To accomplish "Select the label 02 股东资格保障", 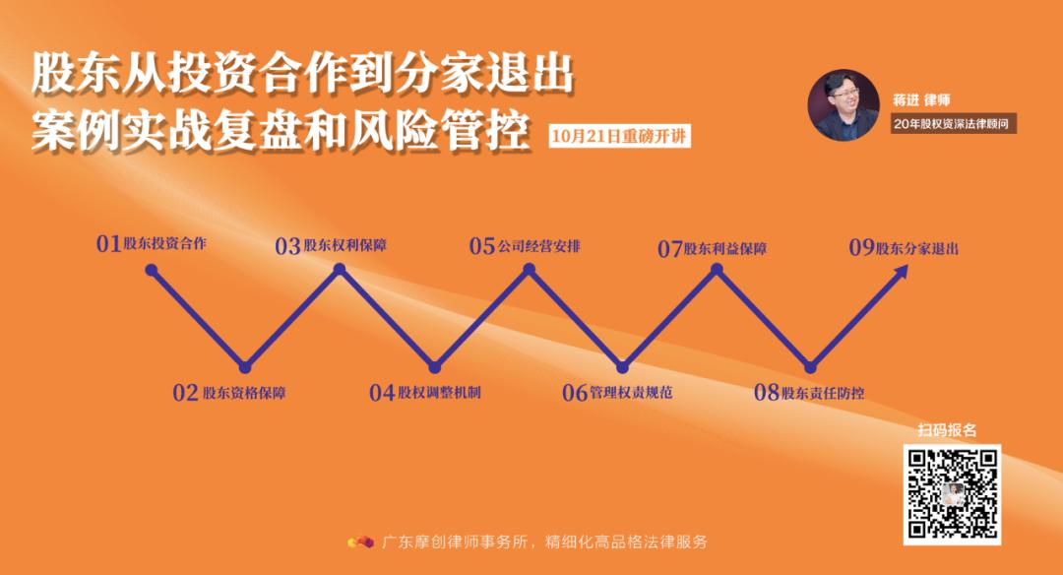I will tap(229, 393).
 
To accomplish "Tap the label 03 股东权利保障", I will tap(331, 246).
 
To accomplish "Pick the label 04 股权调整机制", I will tap(425, 393).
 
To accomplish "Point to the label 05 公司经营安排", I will tap(525, 246).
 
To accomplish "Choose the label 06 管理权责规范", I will tap(617, 393).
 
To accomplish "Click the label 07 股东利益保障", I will tap(712, 249).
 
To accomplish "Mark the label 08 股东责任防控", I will tap(809, 393).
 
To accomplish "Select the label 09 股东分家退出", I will tap(904, 248).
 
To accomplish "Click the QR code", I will tap(952, 494).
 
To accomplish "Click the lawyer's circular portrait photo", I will tap(844, 104).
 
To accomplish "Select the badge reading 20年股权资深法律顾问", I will tap(951, 124).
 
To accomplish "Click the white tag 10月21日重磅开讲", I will tap(619, 136).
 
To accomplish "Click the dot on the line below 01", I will tap(151, 268).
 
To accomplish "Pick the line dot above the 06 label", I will tap(621, 367).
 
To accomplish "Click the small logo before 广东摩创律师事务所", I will tap(360, 542).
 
